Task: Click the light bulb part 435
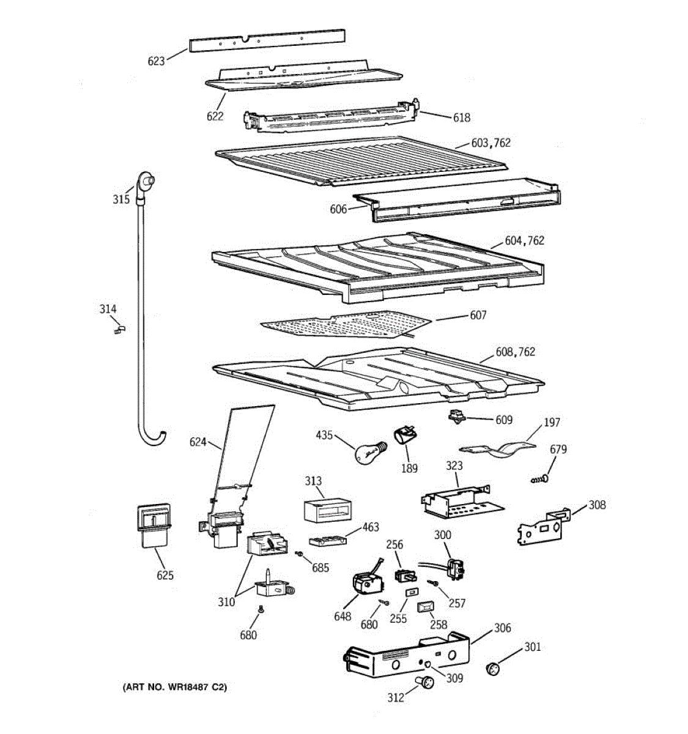pyautogui.click(x=365, y=452)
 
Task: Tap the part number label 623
pyautogui.click(x=156, y=61)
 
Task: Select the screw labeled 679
pyautogui.click(x=538, y=479)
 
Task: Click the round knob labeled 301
pyautogui.click(x=493, y=669)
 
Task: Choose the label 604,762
pyautogui.click(x=524, y=240)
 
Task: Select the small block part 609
pyautogui.click(x=456, y=417)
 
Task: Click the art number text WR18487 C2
pyautogui.click(x=176, y=688)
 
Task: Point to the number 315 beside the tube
pyautogui.click(x=121, y=199)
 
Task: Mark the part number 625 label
pyautogui.click(x=165, y=575)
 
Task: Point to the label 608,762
pyautogui.click(x=515, y=352)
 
